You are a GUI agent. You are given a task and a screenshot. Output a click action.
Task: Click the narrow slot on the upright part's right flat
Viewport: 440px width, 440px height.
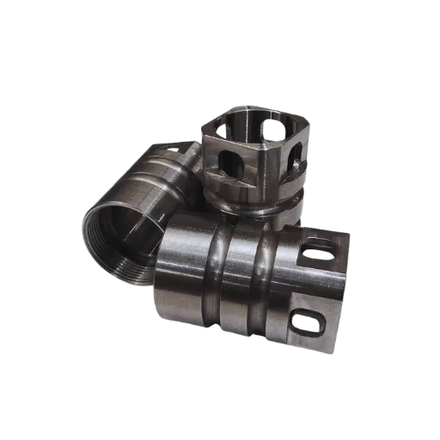click(x=294, y=158)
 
